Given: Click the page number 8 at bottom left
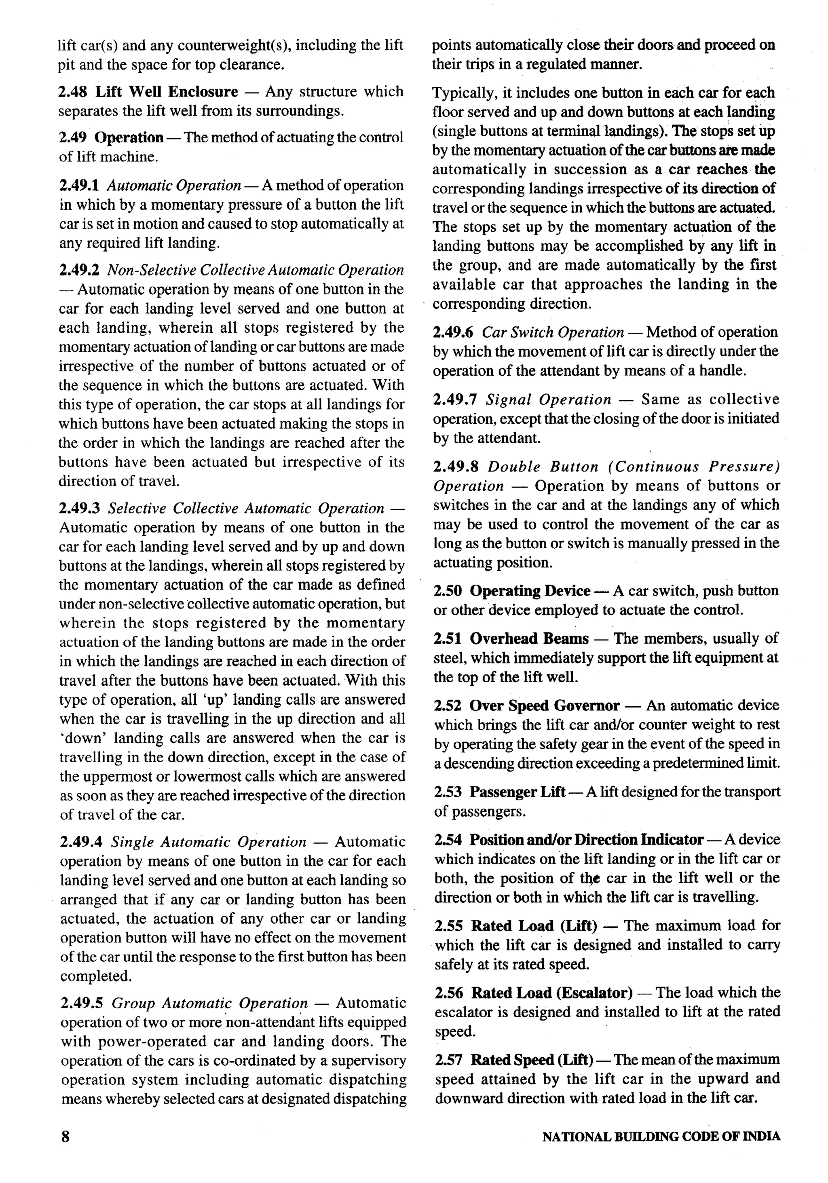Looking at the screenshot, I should pos(65,1136).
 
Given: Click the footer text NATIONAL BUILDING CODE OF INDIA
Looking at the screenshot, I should pos(661,1137).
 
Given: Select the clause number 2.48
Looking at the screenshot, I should pos(73,92).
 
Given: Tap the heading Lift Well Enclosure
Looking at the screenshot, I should pos(167,92).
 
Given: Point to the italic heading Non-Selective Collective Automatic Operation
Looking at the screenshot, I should pos(255,270).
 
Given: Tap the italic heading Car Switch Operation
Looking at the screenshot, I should pos(553,332).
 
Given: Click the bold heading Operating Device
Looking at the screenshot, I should pos(530,591).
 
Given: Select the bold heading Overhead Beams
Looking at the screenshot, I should pos(529,639).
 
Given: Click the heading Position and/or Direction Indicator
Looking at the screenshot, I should pos(586,840).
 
